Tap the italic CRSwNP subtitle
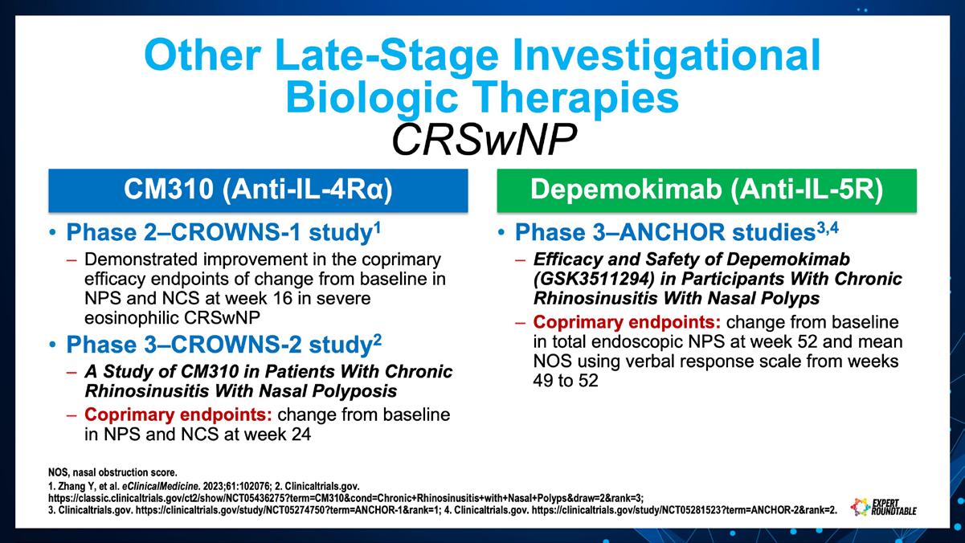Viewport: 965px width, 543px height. pyautogui.click(x=484, y=140)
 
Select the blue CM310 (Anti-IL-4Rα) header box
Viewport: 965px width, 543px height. pyautogui.click(x=258, y=190)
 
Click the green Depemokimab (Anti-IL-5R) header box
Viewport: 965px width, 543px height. pyautogui.click(x=706, y=190)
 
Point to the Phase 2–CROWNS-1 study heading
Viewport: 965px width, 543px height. pyautogui.click(x=223, y=232)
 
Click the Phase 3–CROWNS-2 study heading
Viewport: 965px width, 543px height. pyautogui.click(x=223, y=345)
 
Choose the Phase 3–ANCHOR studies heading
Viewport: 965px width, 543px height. pyautogui.click(x=677, y=232)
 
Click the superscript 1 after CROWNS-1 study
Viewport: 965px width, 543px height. pyautogui.click(x=377, y=227)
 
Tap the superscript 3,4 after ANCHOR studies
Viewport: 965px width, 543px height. pyautogui.click(x=828, y=228)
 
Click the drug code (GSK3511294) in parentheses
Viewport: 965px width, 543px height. pyautogui.click(x=594, y=279)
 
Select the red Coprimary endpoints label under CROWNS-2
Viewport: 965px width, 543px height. pyautogui.click(x=178, y=414)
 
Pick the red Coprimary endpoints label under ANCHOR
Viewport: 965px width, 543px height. pyautogui.click(x=627, y=322)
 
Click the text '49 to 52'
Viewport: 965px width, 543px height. pyautogui.click(x=566, y=381)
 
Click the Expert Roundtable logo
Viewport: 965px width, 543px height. pyautogui.click(x=883, y=507)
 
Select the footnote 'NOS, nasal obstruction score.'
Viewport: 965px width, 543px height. pyautogui.click(x=112, y=472)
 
